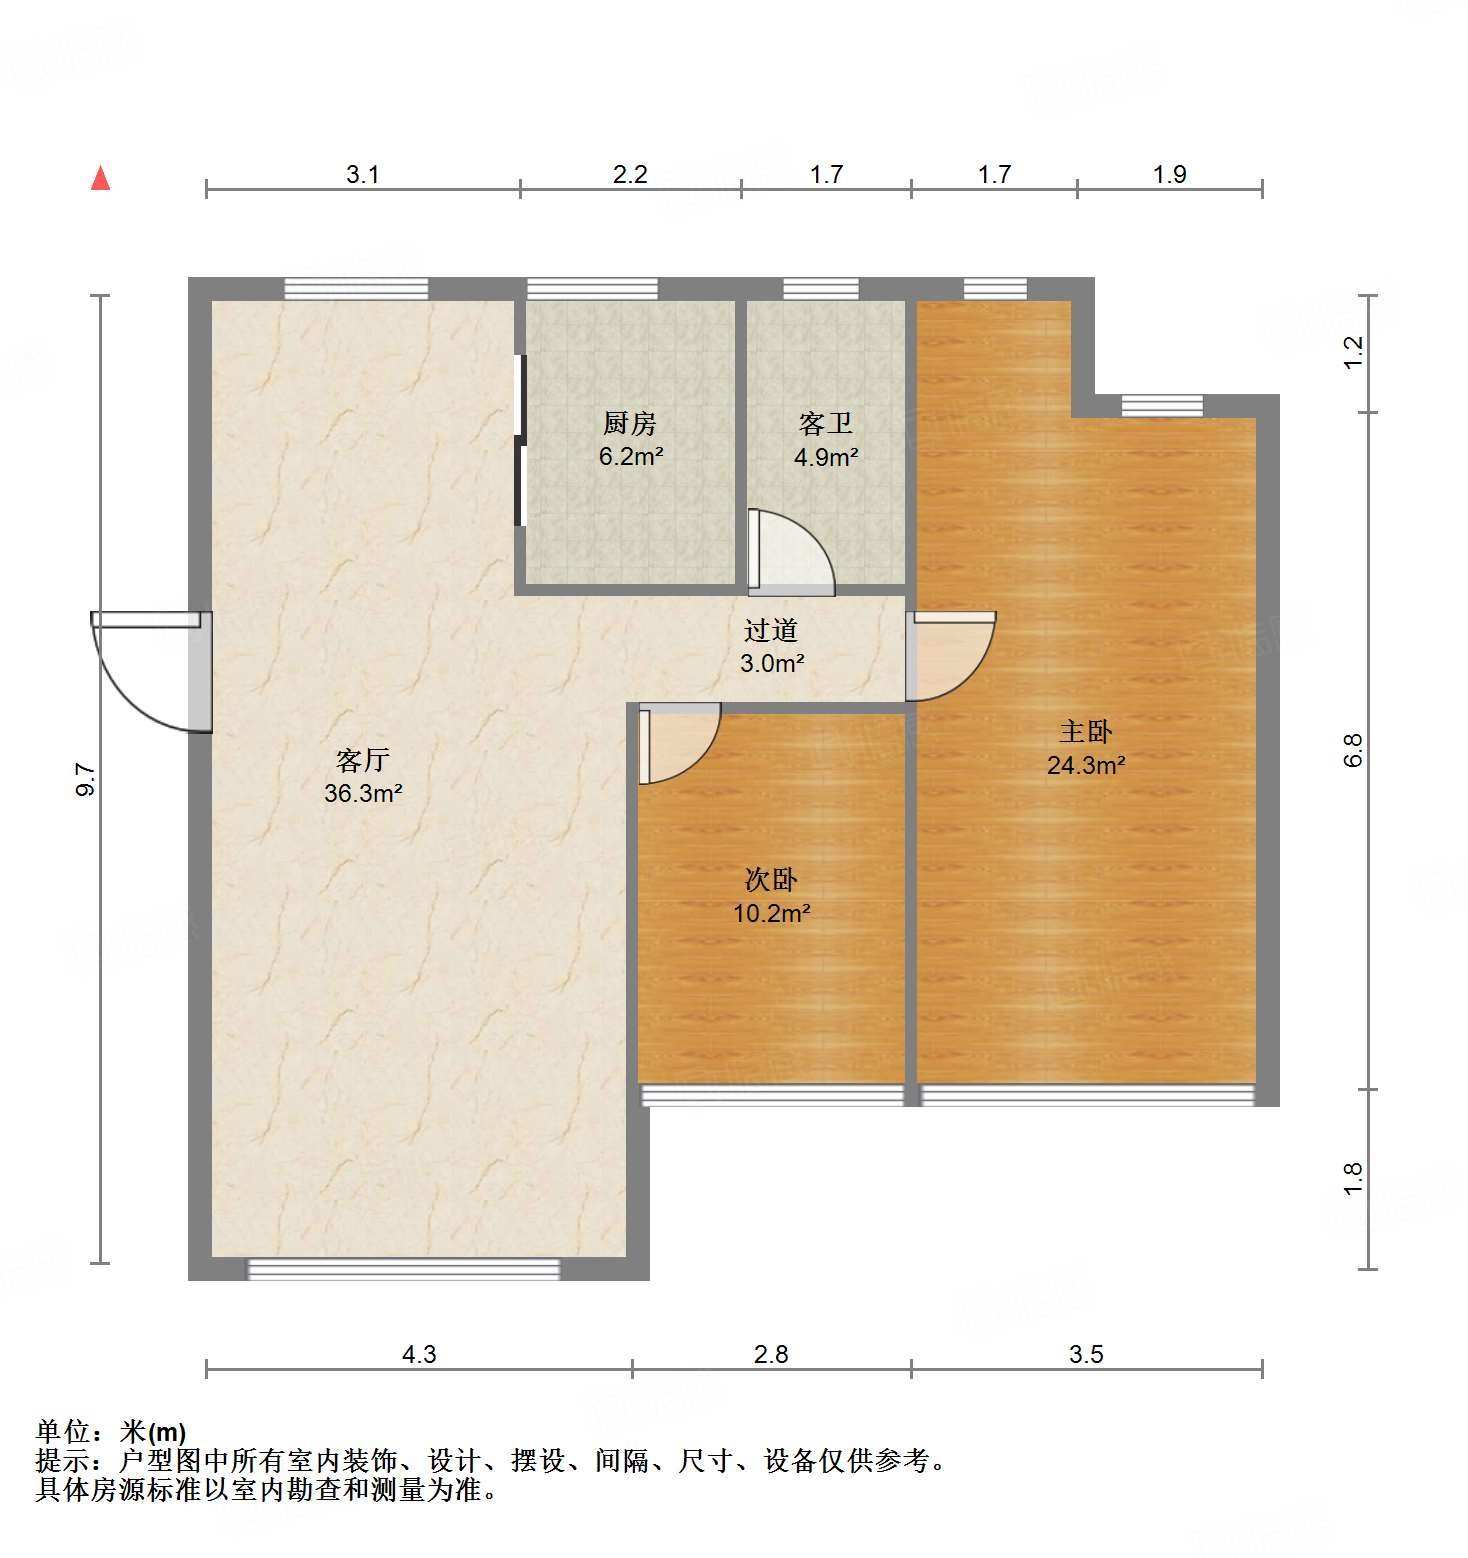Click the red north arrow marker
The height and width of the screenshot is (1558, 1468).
[x=100, y=178]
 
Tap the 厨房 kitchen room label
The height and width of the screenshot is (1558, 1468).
[x=630, y=424]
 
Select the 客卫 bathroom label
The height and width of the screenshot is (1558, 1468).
[x=826, y=424]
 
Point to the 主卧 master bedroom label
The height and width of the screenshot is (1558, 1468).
[x=1085, y=732]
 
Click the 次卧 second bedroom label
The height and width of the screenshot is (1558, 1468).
[x=771, y=880]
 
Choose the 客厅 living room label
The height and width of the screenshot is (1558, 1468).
[x=362, y=761]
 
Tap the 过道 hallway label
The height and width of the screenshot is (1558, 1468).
[x=771, y=631]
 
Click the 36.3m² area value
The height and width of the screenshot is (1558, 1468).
[x=363, y=794]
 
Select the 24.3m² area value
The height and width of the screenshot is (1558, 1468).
[x=1086, y=766]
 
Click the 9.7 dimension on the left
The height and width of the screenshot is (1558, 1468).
[x=86, y=779]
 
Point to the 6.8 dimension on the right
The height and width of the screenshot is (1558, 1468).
[x=1353, y=750]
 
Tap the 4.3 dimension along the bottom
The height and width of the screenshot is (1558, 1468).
[x=419, y=1354]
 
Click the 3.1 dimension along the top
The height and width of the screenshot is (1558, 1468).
[x=362, y=175]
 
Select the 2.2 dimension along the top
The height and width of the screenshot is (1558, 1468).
[x=630, y=175]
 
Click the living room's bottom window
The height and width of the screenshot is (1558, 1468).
[x=404, y=1269]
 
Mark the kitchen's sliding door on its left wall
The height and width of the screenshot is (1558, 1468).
[x=519, y=440]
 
